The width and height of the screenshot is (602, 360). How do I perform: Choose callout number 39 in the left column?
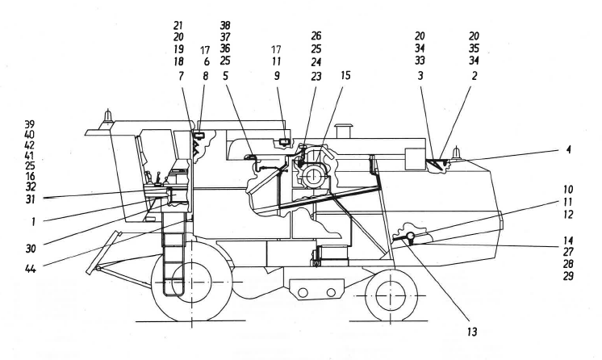pos(30,123)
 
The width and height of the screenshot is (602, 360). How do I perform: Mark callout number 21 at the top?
pos(178,25)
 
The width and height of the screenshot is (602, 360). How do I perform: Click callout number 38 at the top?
pos(225,25)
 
